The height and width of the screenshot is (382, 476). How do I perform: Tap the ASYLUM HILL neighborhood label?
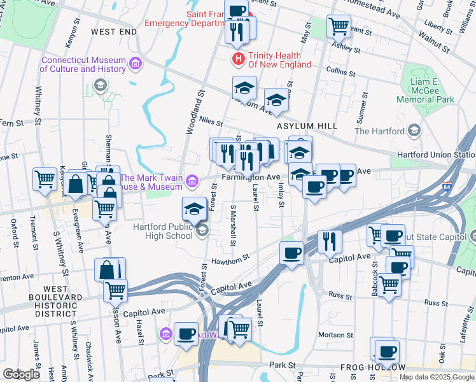307,126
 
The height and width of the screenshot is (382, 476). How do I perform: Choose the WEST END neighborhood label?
114,31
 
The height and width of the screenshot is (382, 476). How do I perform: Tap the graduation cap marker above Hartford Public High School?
194,208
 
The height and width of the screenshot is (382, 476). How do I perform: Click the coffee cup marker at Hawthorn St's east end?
291,253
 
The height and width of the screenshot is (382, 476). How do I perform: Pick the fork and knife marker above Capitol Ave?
329,241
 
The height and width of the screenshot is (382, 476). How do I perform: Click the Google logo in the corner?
21,374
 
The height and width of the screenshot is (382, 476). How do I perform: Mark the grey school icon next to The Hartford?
415,131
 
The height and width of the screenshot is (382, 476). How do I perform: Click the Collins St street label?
339,70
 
